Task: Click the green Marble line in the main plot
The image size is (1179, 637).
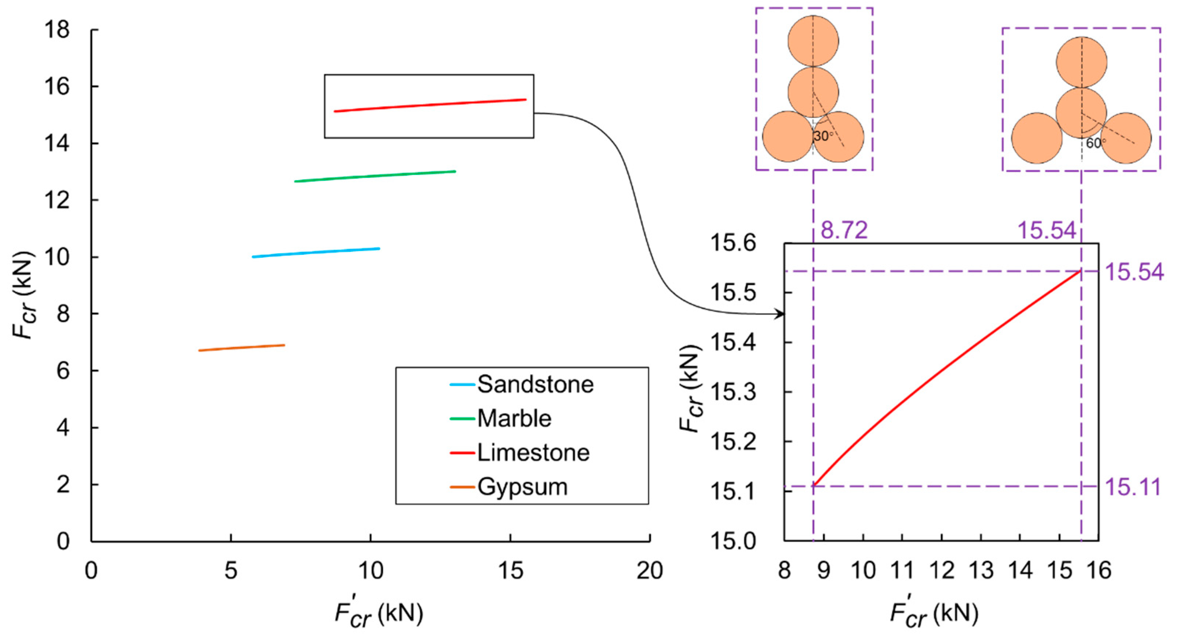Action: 375,176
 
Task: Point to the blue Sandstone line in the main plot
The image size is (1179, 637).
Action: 316,253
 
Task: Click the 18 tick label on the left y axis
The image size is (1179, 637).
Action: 57,30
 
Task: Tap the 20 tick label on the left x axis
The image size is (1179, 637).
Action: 649,571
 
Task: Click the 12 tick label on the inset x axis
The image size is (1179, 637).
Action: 941,571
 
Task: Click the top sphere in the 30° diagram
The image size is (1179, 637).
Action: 813,41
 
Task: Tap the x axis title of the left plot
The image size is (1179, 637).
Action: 378,613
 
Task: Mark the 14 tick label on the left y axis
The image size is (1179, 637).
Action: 57,144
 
